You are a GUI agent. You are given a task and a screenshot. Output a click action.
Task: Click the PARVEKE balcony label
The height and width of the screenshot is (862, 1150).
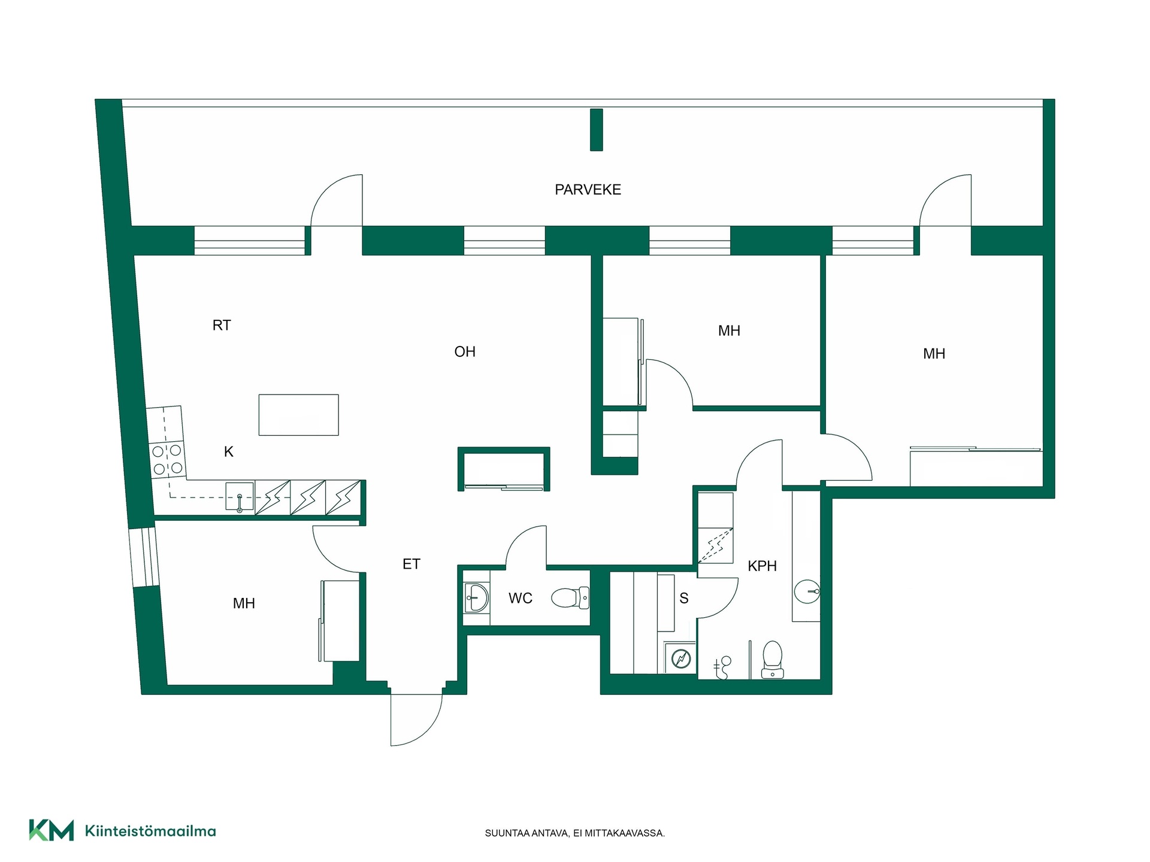point(588,190)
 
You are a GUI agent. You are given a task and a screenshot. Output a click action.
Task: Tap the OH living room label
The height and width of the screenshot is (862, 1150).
point(465,351)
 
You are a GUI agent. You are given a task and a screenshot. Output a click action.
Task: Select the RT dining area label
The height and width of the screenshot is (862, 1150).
point(222,325)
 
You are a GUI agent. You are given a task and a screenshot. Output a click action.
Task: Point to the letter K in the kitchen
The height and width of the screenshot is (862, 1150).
point(229,452)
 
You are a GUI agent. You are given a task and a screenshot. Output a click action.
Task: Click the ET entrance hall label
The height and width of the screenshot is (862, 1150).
point(411,564)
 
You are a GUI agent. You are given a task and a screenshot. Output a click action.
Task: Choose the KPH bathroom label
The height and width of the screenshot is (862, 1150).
point(762,566)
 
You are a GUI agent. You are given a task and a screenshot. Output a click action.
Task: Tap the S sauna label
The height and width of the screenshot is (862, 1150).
point(684,598)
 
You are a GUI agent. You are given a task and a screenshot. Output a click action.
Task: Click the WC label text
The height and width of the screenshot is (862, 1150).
point(520,598)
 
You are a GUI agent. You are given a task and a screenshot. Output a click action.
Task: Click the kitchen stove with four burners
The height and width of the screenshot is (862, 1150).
point(167,460)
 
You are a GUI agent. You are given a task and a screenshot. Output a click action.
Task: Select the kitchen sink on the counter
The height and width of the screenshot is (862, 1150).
point(240,496)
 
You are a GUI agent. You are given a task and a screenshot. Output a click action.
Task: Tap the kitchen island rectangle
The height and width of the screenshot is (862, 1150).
point(299,415)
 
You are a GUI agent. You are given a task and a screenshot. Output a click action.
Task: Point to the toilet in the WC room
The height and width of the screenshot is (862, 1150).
point(570,597)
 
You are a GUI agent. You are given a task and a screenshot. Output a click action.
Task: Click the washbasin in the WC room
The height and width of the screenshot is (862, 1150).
point(477,598)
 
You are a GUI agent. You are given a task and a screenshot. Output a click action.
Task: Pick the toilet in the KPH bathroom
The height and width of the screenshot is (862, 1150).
point(773,660)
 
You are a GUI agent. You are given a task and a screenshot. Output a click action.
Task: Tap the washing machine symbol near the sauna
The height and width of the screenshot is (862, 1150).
point(681,658)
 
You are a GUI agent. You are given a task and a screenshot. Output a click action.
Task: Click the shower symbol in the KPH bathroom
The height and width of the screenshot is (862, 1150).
point(722,667)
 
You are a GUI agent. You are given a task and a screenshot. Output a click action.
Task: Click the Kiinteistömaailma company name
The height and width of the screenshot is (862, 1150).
point(150,831)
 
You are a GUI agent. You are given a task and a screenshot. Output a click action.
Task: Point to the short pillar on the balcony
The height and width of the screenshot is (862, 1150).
point(596,130)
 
